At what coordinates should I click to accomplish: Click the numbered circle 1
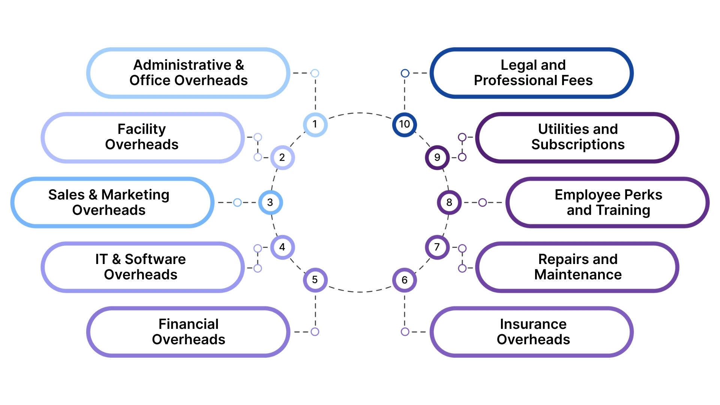tap(315, 124)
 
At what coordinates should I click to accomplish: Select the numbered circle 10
tap(404, 124)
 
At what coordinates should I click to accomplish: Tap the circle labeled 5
tap(315, 280)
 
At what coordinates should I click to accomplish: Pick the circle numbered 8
tap(449, 202)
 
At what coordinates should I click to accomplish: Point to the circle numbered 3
tap(270, 202)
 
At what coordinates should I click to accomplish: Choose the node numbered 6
tap(404, 280)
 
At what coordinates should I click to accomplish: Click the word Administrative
tap(182, 65)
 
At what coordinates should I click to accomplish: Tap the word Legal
tap(516, 65)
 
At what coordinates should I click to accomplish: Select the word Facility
tap(141, 129)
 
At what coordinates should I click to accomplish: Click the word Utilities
tap(557, 129)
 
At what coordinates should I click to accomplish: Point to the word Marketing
tap(135, 195)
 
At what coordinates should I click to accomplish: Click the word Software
tap(155, 259)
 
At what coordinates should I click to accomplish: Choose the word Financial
tap(188, 324)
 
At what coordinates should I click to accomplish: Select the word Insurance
tap(533, 324)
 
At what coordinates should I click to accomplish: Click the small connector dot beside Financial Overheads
tap(315, 332)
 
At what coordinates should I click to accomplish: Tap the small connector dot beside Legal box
tap(405, 73)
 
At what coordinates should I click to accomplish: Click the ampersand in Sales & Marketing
tap(93, 195)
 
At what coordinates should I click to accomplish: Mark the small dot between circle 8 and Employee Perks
tap(483, 202)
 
